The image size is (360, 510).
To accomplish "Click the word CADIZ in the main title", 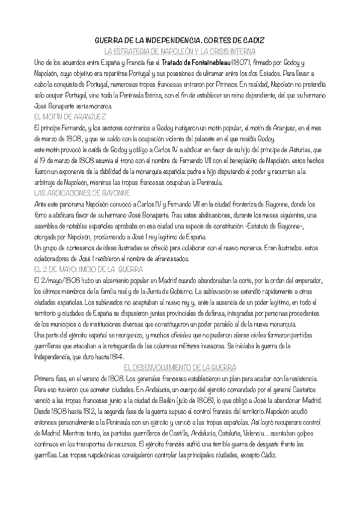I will [252, 40].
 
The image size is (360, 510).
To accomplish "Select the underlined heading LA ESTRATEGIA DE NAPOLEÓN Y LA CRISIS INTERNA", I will [180, 51].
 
